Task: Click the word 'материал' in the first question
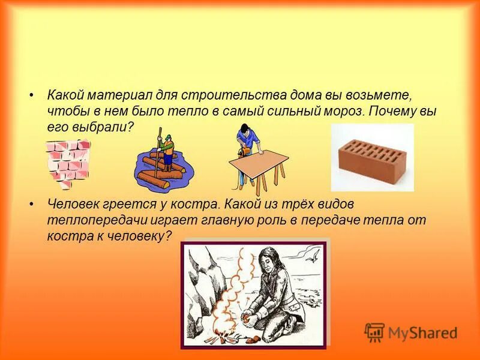113,96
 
